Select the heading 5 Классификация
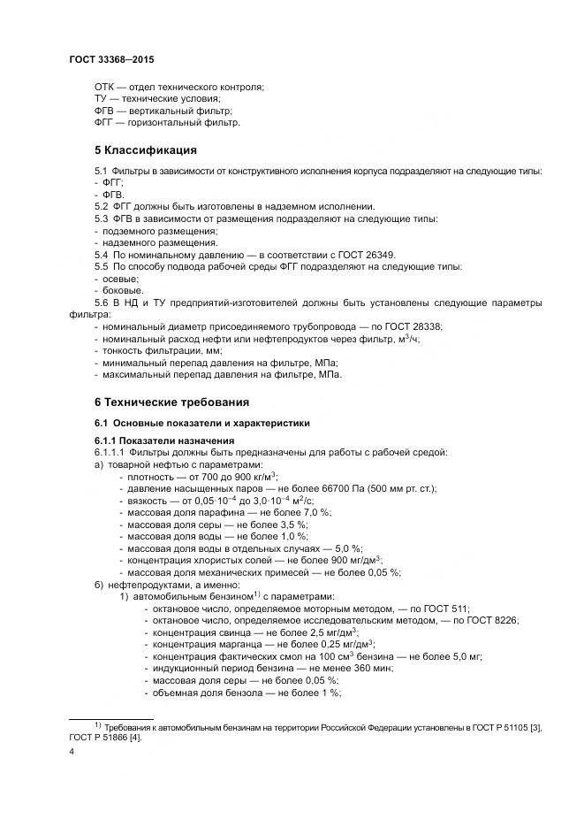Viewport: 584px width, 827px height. click(x=145, y=149)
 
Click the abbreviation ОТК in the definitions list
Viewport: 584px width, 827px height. click(x=106, y=86)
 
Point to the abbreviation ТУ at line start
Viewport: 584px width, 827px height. click(x=102, y=98)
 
